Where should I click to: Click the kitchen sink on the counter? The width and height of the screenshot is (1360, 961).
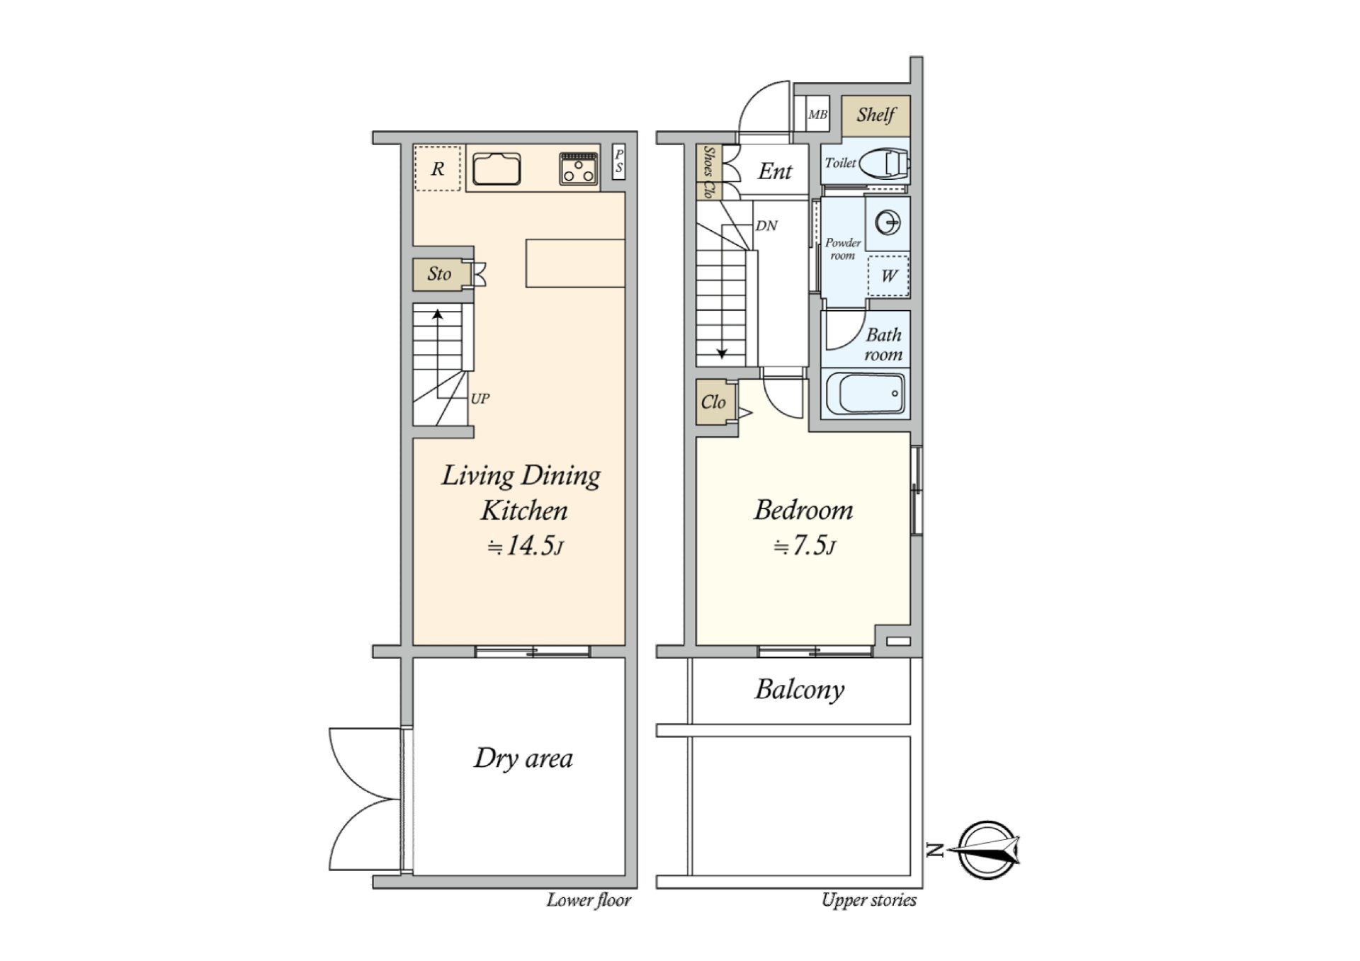(497, 169)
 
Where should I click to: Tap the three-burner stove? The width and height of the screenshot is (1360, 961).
(579, 169)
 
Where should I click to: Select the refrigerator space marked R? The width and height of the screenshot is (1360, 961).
(438, 169)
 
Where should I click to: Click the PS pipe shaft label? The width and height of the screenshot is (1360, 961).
(618, 161)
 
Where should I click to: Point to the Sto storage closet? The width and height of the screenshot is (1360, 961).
(439, 273)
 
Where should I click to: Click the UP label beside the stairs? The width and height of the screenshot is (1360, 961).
(480, 399)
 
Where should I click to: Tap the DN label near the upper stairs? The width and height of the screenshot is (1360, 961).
(766, 226)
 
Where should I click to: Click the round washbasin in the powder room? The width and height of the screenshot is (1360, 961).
(887, 223)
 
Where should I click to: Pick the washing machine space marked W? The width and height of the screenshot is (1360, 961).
(888, 275)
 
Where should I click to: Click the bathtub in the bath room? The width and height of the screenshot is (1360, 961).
(866, 393)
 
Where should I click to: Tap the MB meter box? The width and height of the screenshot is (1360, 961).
(817, 114)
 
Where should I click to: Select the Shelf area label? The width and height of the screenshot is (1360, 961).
(875, 115)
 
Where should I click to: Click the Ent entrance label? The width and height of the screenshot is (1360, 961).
(775, 171)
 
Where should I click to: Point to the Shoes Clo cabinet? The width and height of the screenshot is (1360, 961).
(708, 172)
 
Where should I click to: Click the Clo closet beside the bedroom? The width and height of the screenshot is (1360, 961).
(714, 402)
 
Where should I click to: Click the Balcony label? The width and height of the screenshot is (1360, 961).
(800, 690)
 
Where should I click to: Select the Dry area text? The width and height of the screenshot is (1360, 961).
(523, 758)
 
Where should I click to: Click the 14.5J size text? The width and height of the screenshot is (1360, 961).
(526, 546)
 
